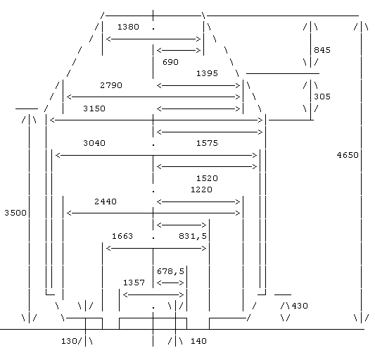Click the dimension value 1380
pos(128,27)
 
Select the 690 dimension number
pos(170,62)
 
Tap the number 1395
pos(207,73)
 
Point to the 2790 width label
pos(111,85)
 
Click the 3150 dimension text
pos(94,108)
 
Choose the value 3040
pos(94,143)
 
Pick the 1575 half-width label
pos(207,143)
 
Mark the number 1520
pos(207,178)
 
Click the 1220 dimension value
pos(201,190)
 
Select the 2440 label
pos(106,201)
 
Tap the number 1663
pos(122,236)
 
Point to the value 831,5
pos(193,237)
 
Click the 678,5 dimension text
pos(170,271)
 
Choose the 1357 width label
pos(134,283)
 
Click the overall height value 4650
pos(348,155)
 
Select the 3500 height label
pos(15,213)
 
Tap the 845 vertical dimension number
pos(322,50)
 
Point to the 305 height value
pos(322,97)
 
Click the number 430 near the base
pos(300,306)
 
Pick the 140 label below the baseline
pos(198,341)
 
